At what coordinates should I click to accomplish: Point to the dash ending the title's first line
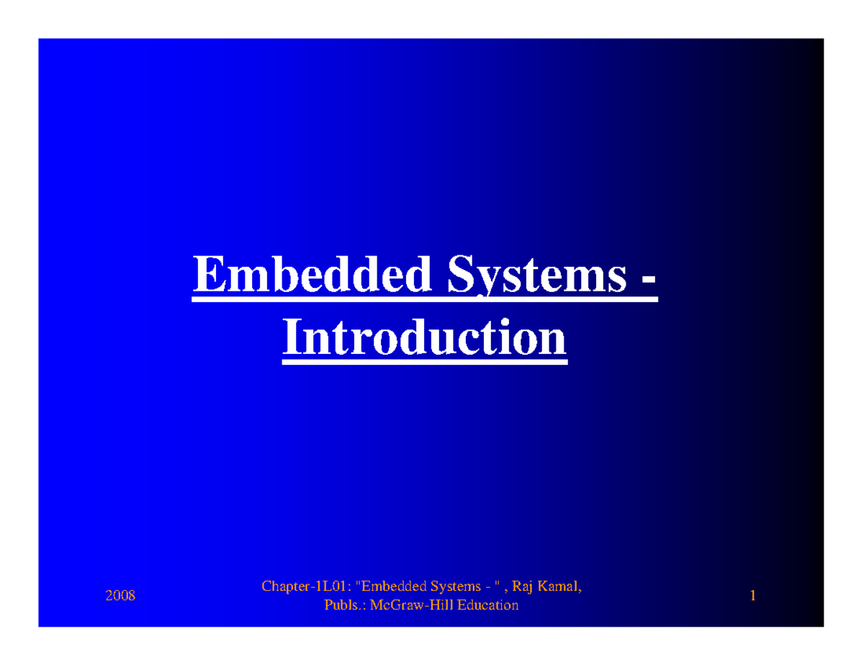(648, 281)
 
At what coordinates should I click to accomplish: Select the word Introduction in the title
(424, 338)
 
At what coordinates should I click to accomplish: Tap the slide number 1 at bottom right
(752, 596)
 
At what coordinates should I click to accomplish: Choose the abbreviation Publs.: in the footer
(345, 606)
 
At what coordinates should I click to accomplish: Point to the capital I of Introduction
(291, 338)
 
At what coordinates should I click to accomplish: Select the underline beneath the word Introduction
(424, 361)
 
